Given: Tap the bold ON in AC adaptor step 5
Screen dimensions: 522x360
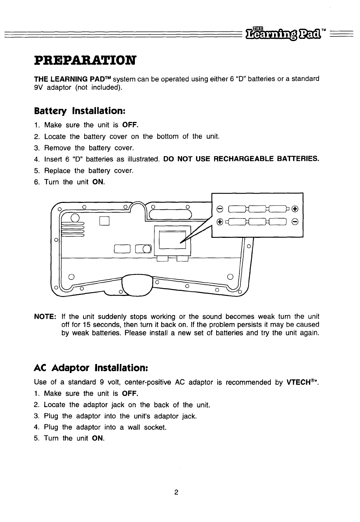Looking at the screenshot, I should pos(98,438).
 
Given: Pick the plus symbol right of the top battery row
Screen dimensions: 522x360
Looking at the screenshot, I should pos(295,209).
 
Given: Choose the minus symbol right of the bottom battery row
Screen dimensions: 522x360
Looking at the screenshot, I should pos(295,222).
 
